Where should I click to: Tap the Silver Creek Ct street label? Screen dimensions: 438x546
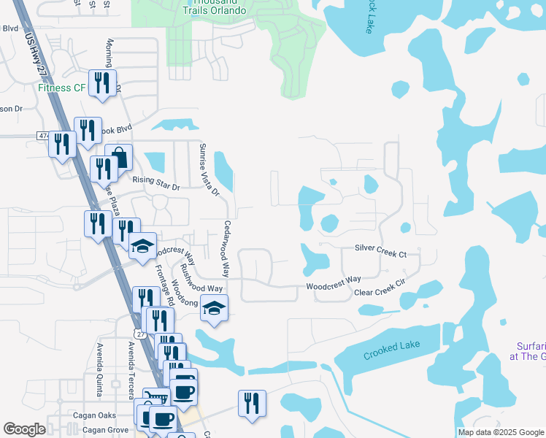coord(380,250)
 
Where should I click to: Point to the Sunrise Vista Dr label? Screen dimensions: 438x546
coord(209,169)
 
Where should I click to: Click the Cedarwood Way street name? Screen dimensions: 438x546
coord(227,248)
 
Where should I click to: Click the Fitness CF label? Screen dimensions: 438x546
coord(62,89)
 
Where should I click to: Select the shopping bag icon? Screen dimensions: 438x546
coord(118,158)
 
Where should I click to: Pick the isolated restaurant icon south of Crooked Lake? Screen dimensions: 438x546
coord(252,403)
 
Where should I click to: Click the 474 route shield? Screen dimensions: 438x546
coord(42,136)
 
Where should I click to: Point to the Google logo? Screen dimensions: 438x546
coord(24,429)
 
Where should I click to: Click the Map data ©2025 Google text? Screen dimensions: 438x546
coord(500,432)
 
